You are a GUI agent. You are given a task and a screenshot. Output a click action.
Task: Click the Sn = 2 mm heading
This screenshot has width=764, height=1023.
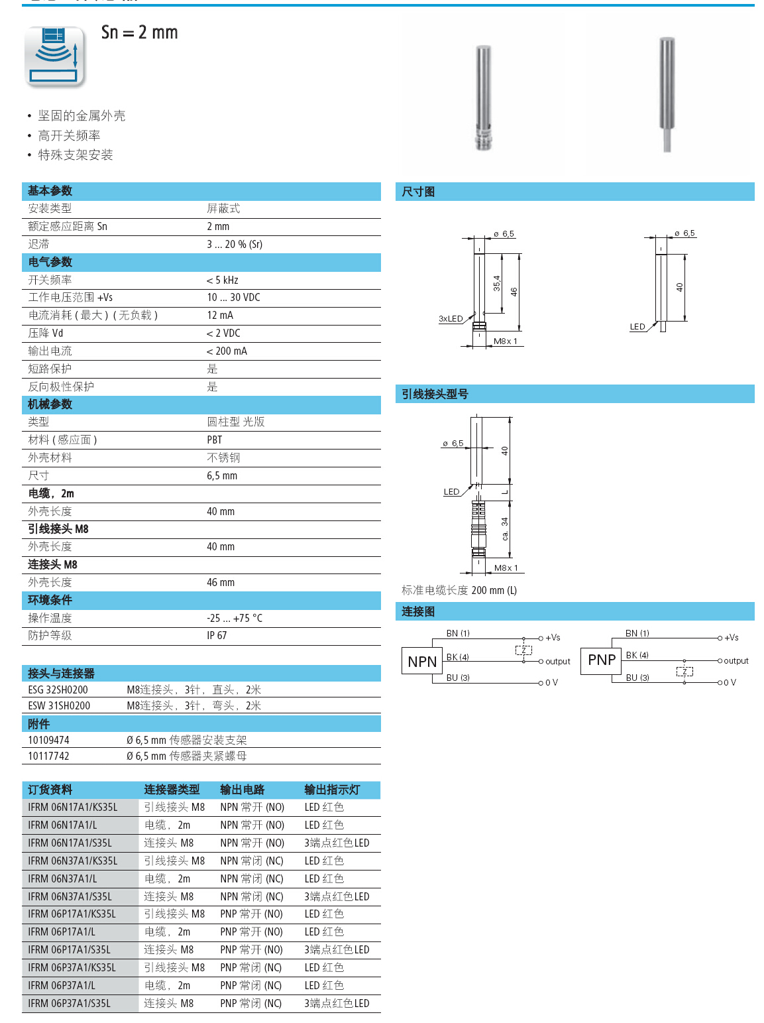(x=139, y=32)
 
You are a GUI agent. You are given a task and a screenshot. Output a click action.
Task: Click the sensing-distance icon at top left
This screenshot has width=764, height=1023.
(x=55, y=56)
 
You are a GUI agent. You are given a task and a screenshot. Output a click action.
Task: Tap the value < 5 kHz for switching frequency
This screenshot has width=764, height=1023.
(x=223, y=280)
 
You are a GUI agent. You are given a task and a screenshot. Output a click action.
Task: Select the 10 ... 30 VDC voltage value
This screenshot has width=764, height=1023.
(x=233, y=298)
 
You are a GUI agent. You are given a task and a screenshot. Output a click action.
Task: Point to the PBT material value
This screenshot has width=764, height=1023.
(x=215, y=440)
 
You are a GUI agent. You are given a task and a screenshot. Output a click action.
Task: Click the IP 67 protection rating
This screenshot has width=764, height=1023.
(x=217, y=636)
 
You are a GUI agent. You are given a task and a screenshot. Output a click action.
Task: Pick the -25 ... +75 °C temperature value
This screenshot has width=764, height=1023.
(x=235, y=619)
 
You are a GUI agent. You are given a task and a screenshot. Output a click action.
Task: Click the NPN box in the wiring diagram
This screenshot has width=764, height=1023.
(x=422, y=662)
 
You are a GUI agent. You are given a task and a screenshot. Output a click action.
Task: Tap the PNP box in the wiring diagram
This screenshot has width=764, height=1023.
(x=601, y=660)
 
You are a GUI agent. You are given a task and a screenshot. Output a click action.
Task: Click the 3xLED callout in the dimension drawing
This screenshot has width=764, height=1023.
(x=451, y=319)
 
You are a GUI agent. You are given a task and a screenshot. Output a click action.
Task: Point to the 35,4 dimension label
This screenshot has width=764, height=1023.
(x=497, y=284)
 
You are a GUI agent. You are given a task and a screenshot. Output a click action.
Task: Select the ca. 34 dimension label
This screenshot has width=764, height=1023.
(x=505, y=528)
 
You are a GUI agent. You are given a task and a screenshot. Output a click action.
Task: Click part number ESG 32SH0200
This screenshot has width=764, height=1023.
(x=58, y=690)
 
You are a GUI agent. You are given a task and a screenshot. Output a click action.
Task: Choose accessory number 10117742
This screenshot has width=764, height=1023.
(x=48, y=756)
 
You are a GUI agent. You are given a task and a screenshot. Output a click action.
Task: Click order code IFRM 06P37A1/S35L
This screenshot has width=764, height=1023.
(x=69, y=1004)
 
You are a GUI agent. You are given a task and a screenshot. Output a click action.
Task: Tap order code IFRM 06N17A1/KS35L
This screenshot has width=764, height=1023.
(x=72, y=808)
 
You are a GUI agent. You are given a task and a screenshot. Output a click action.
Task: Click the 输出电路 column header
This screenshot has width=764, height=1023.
(x=242, y=790)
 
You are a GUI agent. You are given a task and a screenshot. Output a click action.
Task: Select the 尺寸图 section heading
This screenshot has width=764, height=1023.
(x=418, y=192)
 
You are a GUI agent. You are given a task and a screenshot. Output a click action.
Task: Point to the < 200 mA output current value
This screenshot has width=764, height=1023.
(x=227, y=351)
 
